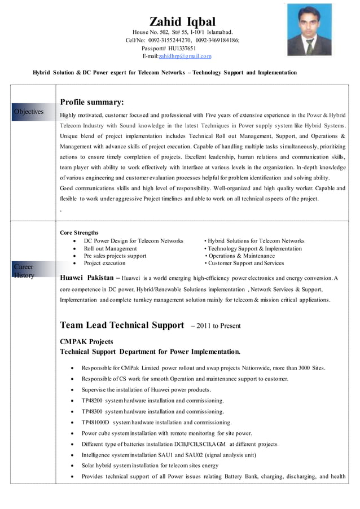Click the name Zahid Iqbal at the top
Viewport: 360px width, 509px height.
[x=182, y=22]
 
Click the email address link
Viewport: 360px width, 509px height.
[x=185, y=56]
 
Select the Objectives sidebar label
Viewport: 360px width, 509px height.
[x=29, y=112]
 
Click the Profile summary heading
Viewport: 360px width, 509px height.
[x=92, y=102]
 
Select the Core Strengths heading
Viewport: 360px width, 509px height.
[x=79, y=232]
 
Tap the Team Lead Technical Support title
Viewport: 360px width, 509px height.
[x=122, y=325]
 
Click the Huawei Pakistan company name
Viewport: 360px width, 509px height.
[x=86, y=277]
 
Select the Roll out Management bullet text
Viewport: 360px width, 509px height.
[x=110, y=248]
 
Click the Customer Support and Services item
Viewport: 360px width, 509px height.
[x=244, y=263]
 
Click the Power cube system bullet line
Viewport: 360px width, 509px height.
[x=166, y=433]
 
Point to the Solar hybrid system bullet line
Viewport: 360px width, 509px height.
[x=150, y=466]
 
